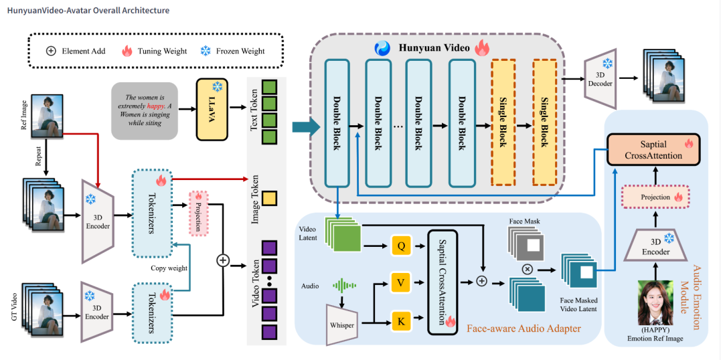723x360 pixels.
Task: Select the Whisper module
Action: click(341, 325)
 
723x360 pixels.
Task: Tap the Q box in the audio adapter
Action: click(401, 247)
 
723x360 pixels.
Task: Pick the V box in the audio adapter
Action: click(401, 283)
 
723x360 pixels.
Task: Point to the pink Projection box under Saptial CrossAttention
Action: click(655, 197)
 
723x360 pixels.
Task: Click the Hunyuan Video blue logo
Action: click(382, 48)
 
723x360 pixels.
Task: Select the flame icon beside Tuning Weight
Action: click(127, 51)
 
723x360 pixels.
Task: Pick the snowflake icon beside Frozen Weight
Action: click(206, 51)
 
